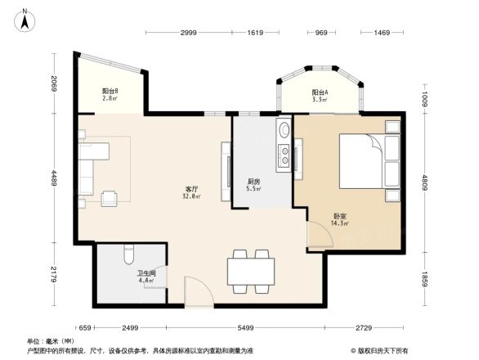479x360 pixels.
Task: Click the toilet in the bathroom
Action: (x=127, y=259)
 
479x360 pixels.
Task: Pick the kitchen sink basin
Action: (x=283, y=131)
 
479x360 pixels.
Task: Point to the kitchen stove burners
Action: (x=283, y=155)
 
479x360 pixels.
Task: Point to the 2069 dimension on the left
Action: (x=51, y=83)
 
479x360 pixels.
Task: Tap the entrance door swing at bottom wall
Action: (x=196, y=292)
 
